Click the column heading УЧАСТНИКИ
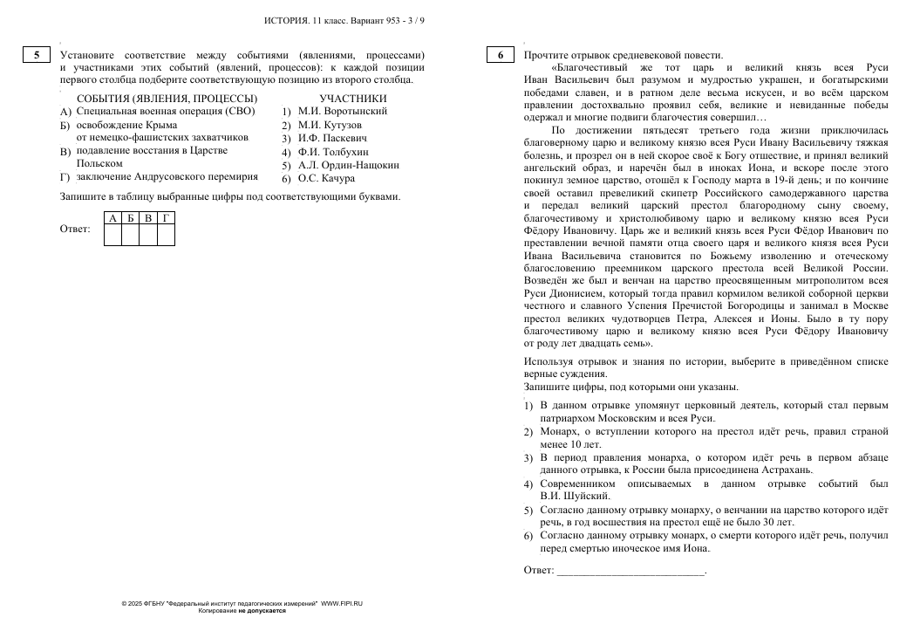(352, 98)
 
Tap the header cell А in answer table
(112, 217)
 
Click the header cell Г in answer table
(166, 217)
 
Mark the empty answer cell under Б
(130, 234)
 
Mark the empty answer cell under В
(148, 234)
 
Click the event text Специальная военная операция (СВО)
(164, 112)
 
